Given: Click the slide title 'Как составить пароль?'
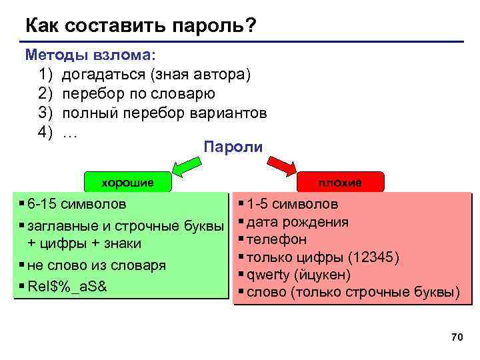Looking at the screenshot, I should tap(141, 26).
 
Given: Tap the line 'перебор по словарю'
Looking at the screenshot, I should tap(138, 93).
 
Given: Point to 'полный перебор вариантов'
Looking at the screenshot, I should tap(164, 113).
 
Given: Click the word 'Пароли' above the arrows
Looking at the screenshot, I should tap(233, 146).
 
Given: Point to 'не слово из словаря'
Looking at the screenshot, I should tap(101, 265).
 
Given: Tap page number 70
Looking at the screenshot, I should tap(457, 338).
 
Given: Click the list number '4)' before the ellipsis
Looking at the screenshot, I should tap(45, 132).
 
